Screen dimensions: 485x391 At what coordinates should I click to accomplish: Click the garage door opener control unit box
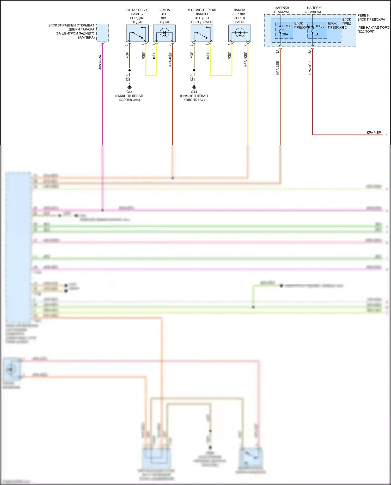coord(103,33)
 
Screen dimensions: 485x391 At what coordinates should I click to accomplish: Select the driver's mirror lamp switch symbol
coord(137,33)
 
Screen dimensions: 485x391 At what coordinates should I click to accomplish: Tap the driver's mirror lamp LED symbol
coord(164,33)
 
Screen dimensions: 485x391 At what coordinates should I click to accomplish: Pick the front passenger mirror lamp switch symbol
coord(202,33)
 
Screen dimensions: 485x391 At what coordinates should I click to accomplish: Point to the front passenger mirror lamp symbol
coord(240,33)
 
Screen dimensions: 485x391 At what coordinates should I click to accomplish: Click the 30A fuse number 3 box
coord(284,30)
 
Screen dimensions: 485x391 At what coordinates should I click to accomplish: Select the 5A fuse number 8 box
coord(317,30)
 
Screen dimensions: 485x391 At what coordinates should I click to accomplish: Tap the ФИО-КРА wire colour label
coord(100,62)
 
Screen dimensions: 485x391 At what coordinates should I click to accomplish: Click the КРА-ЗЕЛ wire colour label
coord(278,68)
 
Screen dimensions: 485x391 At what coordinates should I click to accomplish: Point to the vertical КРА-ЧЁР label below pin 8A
coord(310,68)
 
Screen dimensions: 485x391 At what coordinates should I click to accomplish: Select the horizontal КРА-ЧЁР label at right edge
coord(374,133)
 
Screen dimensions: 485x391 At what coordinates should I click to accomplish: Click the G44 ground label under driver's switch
coord(129,92)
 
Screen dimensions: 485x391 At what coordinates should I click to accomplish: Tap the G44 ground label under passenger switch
coord(194,92)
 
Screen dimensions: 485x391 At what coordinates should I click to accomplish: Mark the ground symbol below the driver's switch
coord(130,87)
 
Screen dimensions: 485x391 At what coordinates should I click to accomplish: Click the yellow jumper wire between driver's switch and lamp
coord(151,76)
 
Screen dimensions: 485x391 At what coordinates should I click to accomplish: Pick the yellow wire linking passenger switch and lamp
coord(221,76)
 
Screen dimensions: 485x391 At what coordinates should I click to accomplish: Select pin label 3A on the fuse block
coord(278,52)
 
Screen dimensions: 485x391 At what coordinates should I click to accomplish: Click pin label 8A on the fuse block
coord(310,52)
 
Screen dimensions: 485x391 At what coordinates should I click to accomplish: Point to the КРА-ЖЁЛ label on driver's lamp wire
coord(170,59)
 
